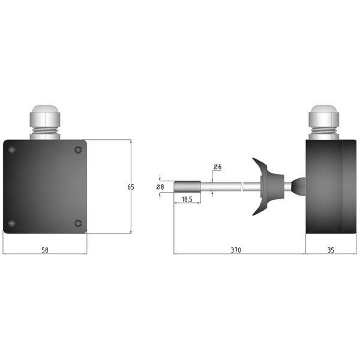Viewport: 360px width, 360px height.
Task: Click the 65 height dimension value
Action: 131,187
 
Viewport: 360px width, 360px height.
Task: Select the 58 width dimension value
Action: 45,250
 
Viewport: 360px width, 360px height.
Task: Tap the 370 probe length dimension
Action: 236,250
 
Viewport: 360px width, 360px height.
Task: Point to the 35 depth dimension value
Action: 331,250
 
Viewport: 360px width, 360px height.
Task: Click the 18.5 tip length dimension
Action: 187,199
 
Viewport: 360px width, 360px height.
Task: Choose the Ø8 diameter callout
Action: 160,187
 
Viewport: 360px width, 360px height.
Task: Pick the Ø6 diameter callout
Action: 217,167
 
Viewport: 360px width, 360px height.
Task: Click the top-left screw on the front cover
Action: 12,149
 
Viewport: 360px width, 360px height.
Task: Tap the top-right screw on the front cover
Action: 78,149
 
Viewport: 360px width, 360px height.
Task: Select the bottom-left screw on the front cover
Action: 12,223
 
